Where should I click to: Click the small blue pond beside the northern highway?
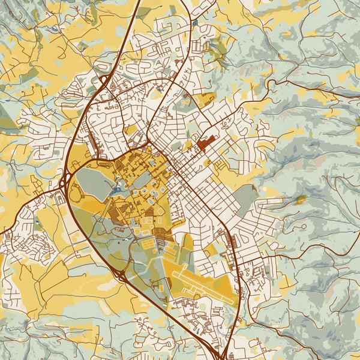196,23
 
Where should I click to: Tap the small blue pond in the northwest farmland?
55,28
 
